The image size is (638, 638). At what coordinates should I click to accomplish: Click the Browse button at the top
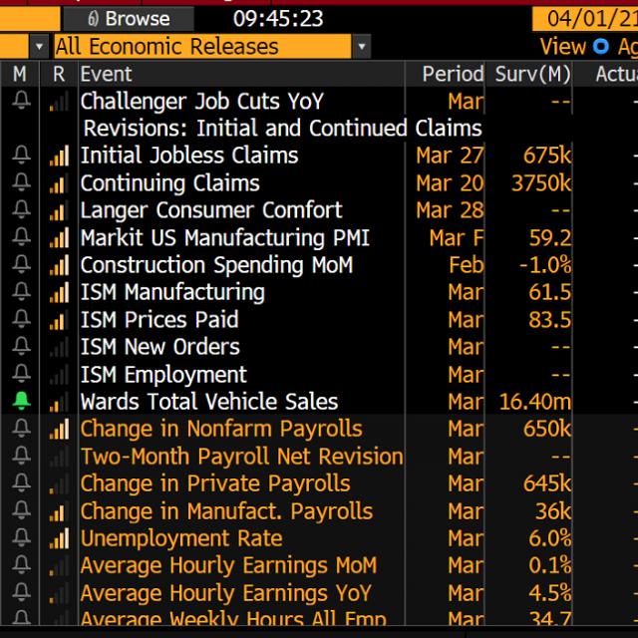coord(129,19)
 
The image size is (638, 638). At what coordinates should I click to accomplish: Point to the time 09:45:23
coord(277,19)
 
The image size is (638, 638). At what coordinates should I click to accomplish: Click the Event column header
coord(106,74)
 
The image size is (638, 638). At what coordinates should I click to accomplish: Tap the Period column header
coord(452,74)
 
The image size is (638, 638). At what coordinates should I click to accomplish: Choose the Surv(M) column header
coord(531,74)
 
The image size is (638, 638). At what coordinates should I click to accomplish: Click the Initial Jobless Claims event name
coord(189,156)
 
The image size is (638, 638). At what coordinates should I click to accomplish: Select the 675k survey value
coord(547,156)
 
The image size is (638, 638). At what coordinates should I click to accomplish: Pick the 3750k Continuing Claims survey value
coord(541,183)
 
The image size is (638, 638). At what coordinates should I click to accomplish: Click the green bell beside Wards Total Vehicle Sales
coord(22,402)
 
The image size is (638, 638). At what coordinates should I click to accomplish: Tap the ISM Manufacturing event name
coord(172,292)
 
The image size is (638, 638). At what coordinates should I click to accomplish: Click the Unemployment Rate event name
coord(181,538)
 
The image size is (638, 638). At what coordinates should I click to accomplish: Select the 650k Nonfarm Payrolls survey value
coord(547,429)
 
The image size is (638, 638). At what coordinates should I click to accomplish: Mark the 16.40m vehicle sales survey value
coord(535,402)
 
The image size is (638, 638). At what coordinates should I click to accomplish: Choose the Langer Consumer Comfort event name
coord(211,210)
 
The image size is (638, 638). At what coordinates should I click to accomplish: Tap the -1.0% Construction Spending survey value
coord(545,265)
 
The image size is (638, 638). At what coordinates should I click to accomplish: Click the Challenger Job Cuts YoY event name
coord(202,101)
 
